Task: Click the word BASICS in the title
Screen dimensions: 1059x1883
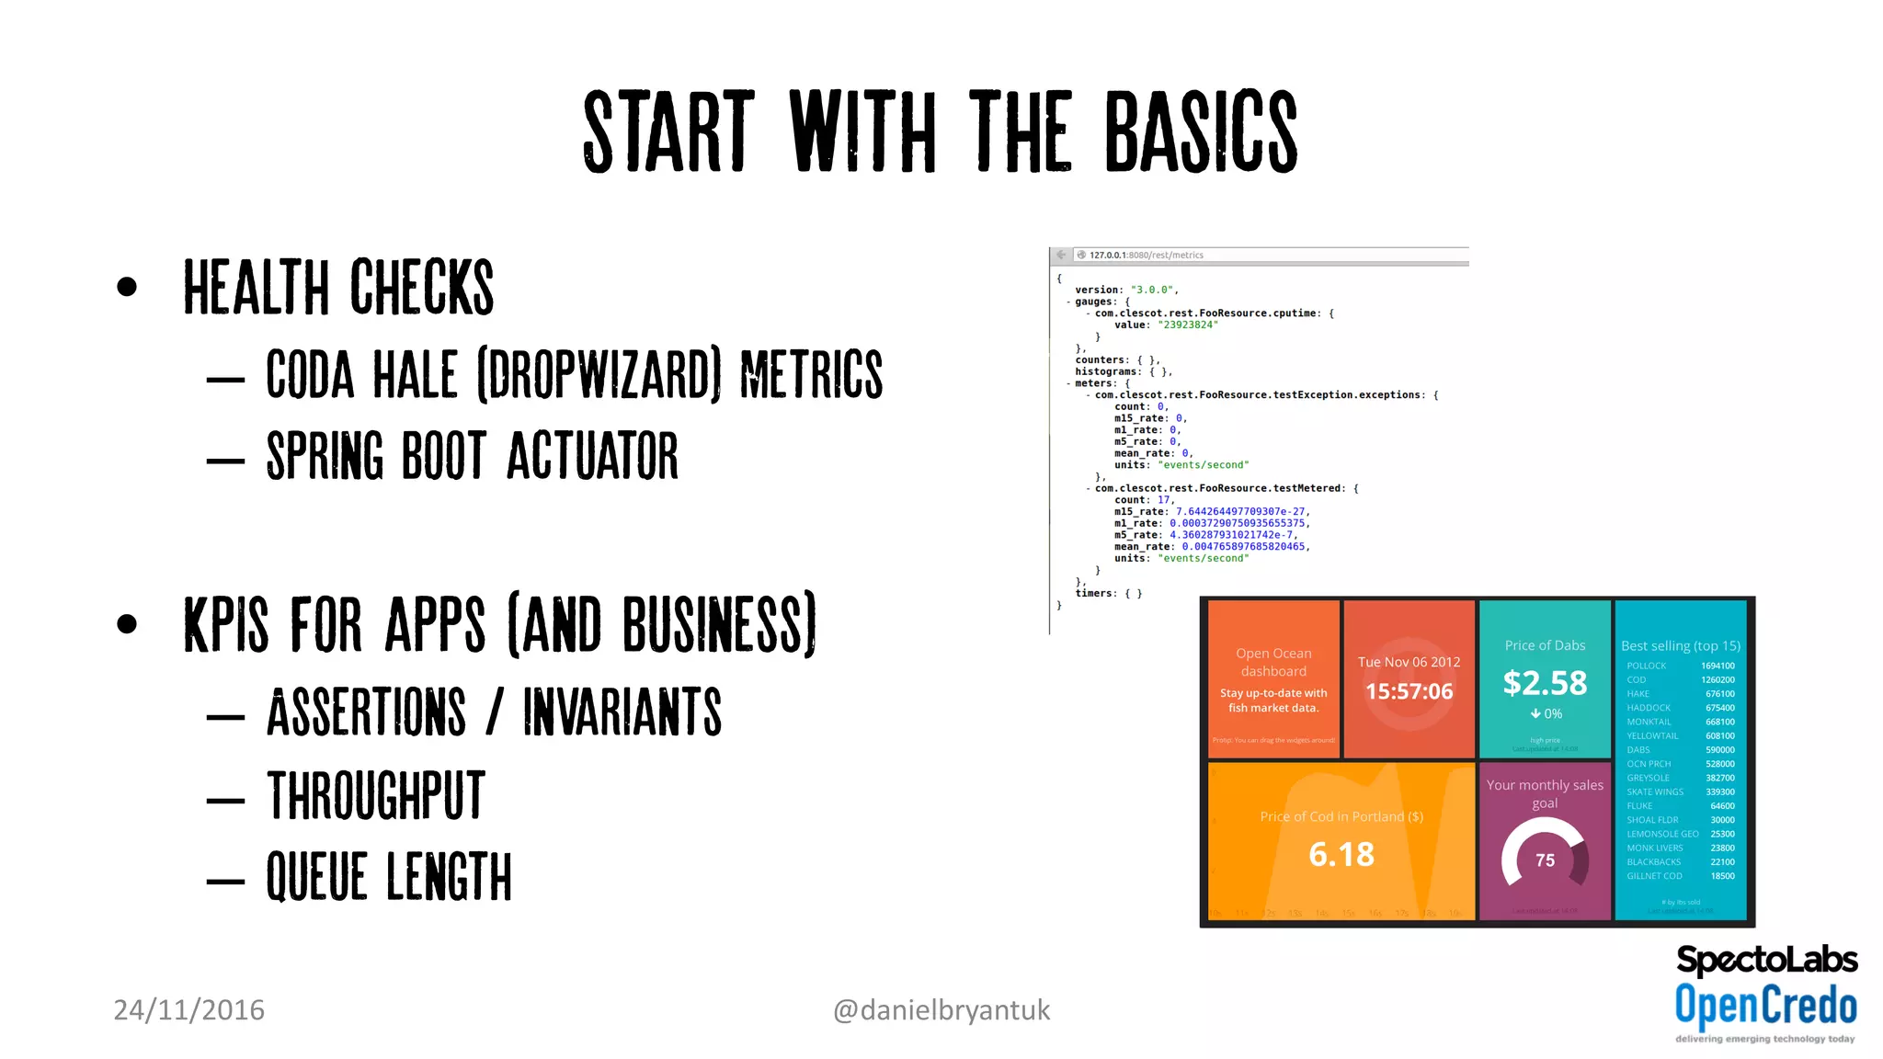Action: point(1200,132)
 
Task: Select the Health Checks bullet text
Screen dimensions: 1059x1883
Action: point(338,287)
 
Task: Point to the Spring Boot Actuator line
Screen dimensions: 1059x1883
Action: point(472,456)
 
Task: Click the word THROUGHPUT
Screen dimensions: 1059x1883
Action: point(375,796)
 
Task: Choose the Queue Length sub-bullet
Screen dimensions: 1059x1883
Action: point(388,876)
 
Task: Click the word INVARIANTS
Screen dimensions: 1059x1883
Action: point(622,712)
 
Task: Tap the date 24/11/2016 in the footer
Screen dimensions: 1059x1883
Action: point(188,1009)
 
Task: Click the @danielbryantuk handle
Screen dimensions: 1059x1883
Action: point(941,1009)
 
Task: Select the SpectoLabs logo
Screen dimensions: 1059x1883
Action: point(1766,960)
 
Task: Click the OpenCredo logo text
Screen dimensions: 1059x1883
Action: point(1765,1005)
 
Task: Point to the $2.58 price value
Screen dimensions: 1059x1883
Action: point(1545,683)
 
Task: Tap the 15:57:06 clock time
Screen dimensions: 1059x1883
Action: point(1409,691)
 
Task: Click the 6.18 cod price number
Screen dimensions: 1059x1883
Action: point(1341,855)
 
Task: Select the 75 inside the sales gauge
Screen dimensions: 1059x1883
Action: point(1545,860)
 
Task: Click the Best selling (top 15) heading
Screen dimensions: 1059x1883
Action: point(1680,645)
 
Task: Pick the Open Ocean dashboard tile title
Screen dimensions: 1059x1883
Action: point(1273,662)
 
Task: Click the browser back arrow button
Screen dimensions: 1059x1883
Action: point(1062,255)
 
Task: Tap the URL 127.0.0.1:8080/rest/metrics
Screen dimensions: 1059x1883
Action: point(1146,256)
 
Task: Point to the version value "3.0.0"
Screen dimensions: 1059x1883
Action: point(1152,290)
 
